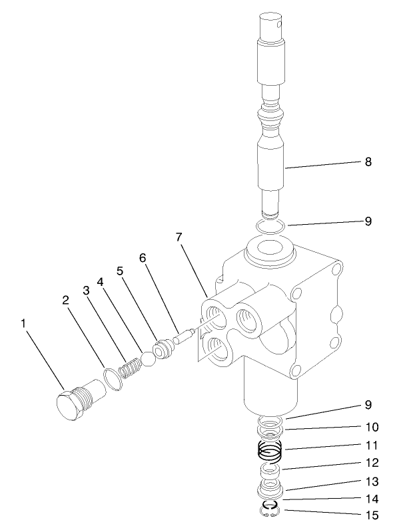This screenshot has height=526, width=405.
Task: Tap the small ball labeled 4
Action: (149, 358)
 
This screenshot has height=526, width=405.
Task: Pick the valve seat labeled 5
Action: (162, 350)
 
